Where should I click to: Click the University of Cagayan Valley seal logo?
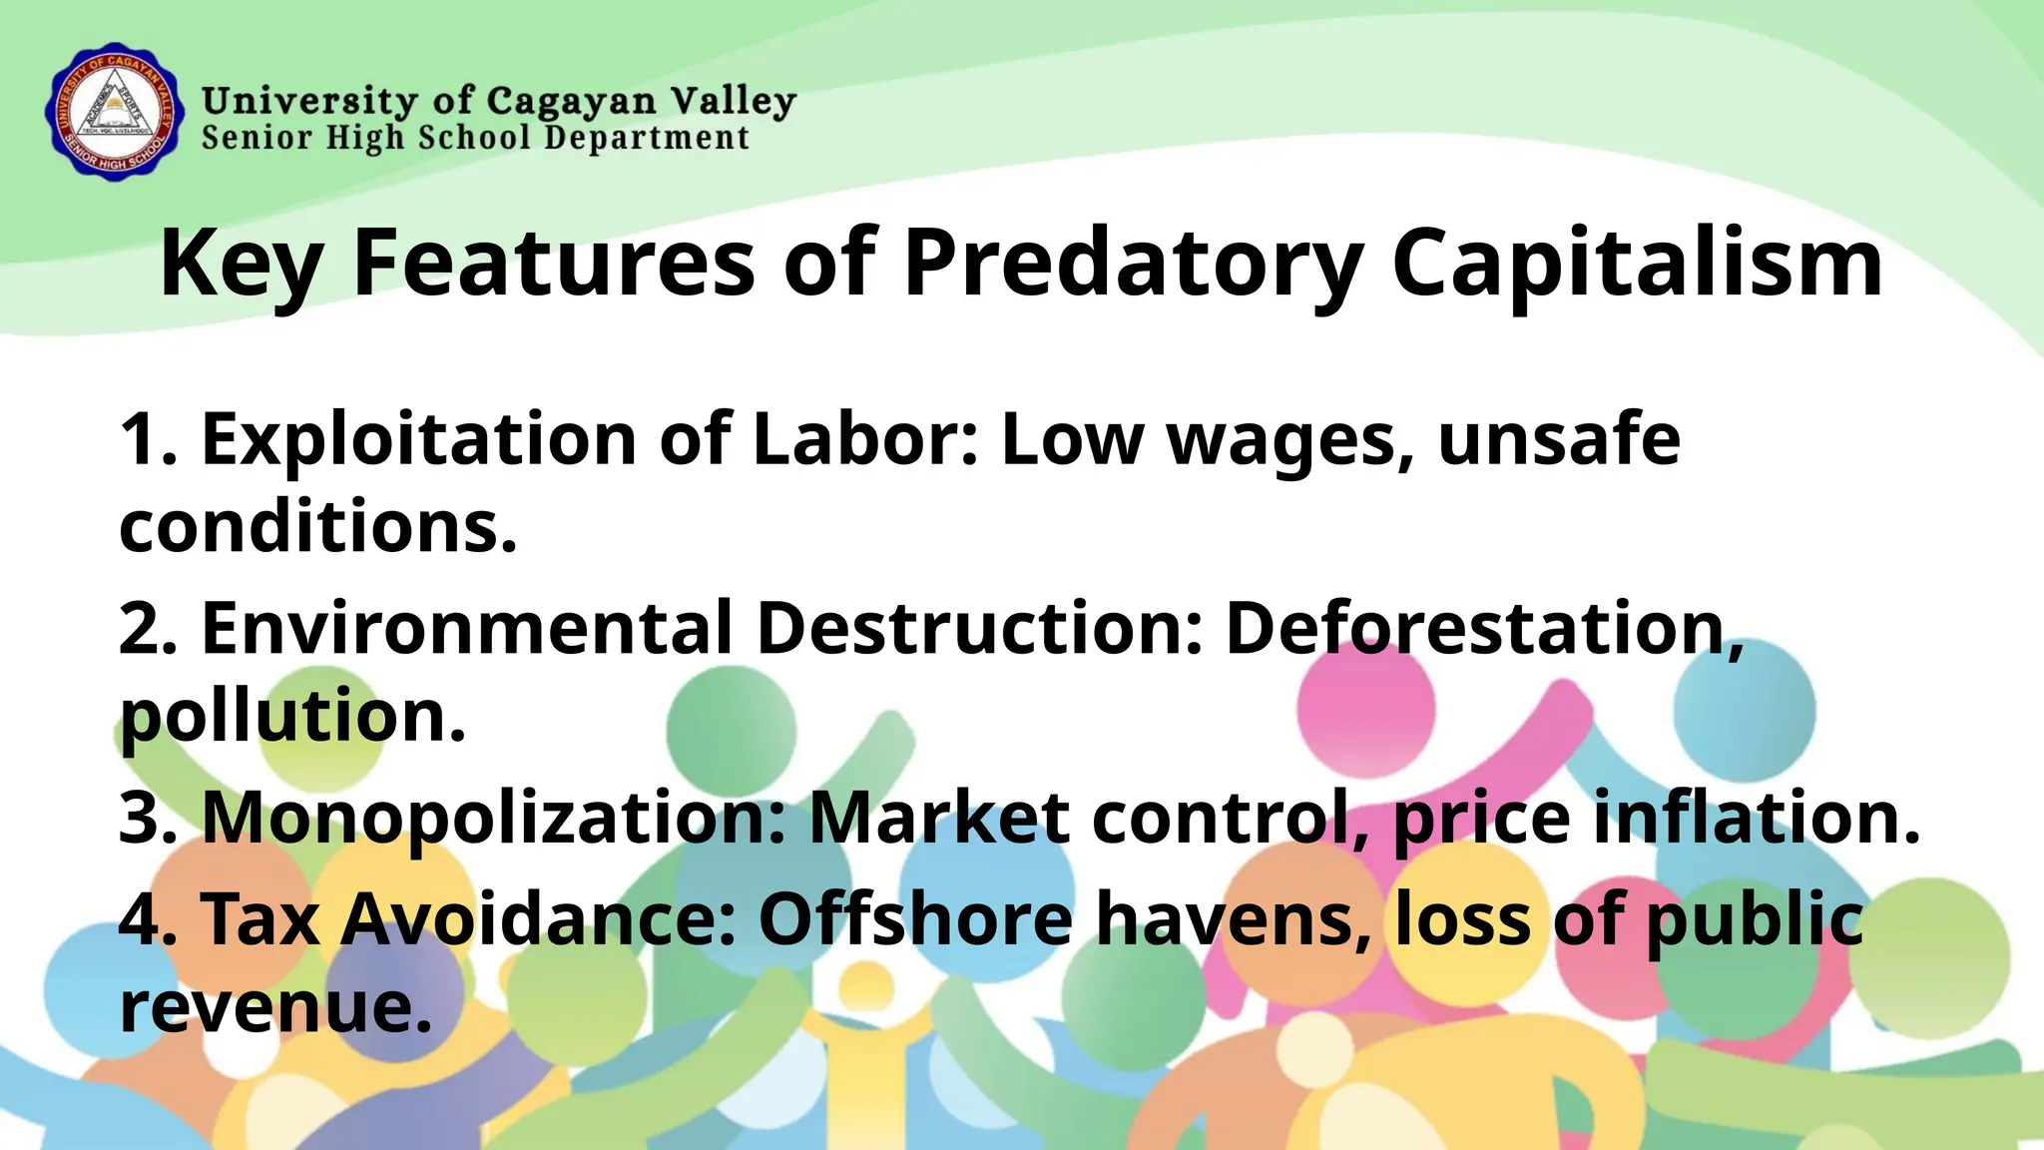point(115,111)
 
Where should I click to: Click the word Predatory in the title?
point(1133,263)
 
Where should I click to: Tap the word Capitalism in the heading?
point(1637,263)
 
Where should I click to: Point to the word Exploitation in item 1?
point(419,439)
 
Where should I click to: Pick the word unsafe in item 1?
point(1559,439)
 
